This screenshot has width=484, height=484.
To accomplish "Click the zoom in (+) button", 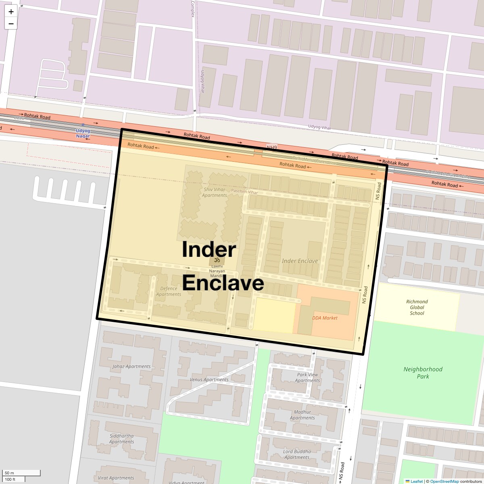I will click(x=11, y=12).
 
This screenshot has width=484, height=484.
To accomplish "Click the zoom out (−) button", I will click(x=11, y=24).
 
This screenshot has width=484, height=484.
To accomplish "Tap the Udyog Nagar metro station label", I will click(x=83, y=133).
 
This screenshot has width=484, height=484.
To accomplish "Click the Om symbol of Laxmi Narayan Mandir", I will click(x=217, y=260).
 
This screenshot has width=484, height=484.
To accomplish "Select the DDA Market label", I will click(x=325, y=318).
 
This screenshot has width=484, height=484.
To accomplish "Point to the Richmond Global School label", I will click(x=417, y=307).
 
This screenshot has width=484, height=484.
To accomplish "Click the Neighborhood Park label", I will click(x=423, y=373).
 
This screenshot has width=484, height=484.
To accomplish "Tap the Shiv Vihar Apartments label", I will click(x=215, y=192).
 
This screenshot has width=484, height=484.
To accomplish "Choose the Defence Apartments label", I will click(x=169, y=291).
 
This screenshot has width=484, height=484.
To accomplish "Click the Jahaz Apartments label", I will click(x=131, y=367).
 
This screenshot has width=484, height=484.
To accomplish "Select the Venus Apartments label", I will click(x=209, y=380).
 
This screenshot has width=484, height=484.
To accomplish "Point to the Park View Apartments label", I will click(x=307, y=378).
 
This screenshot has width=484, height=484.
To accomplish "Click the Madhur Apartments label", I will click(x=302, y=415).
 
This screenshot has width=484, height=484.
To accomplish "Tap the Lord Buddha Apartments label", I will click(x=297, y=454).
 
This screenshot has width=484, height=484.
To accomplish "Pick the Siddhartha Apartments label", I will click(x=121, y=439).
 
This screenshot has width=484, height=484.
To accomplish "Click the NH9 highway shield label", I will click(x=272, y=147).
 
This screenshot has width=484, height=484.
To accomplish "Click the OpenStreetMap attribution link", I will click(x=444, y=481).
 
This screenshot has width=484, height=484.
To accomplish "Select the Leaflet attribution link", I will click(x=416, y=481).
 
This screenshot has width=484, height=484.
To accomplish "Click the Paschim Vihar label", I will click(x=244, y=192).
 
